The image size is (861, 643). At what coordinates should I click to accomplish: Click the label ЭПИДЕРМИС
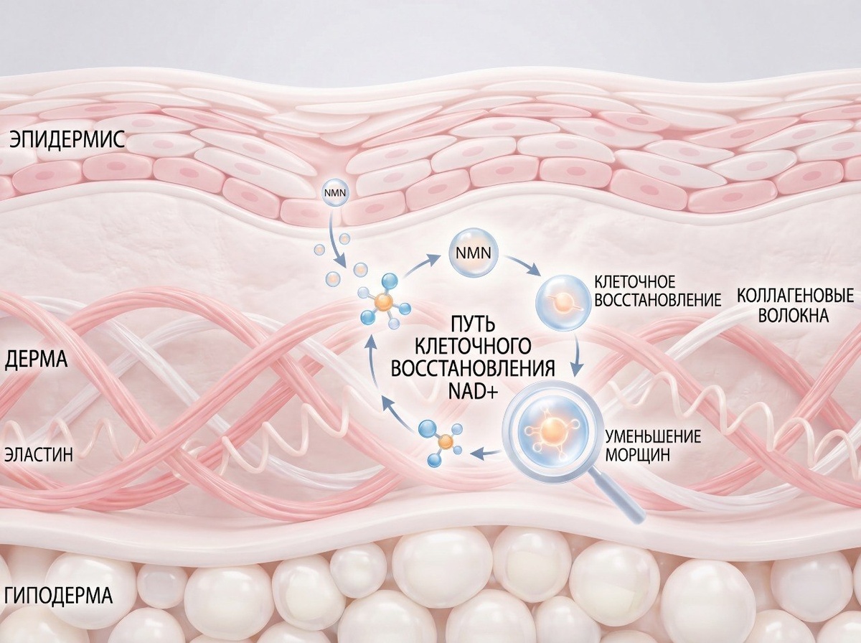tap(67, 140)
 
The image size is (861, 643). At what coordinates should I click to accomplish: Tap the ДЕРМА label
tap(36, 360)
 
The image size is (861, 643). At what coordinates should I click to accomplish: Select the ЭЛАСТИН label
tap(39, 455)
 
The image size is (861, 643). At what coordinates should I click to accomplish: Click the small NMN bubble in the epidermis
tap(334, 192)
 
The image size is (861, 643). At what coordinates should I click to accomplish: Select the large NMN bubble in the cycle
tap(473, 253)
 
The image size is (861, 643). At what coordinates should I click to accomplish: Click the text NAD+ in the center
tap(474, 392)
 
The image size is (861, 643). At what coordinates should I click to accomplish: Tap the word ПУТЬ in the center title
tap(474, 326)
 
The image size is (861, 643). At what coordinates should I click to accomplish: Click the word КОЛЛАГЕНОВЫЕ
tap(795, 296)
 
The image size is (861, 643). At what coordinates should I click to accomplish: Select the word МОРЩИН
tap(637, 455)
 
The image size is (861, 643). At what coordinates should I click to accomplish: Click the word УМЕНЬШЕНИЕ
tap(653, 436)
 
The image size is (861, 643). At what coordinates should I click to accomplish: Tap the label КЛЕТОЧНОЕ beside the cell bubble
tap(634, 281)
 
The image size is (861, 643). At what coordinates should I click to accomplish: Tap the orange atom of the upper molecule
tap(383, 302)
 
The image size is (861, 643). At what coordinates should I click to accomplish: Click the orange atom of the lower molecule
tap(444, 443)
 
